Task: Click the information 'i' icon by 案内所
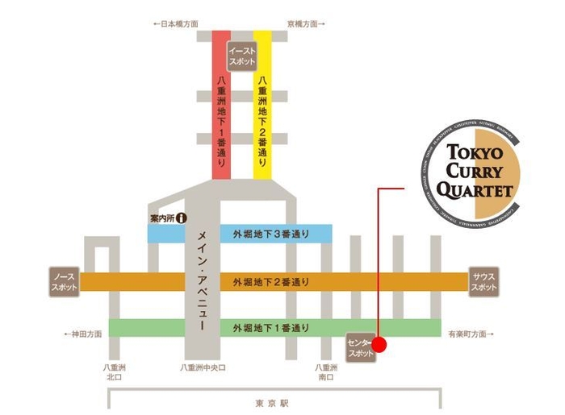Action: (x=182, y=218)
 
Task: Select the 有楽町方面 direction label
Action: (x=469, y=333)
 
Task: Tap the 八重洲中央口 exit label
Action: (x=203, y=367)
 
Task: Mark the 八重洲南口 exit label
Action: (x=326, y=372)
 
